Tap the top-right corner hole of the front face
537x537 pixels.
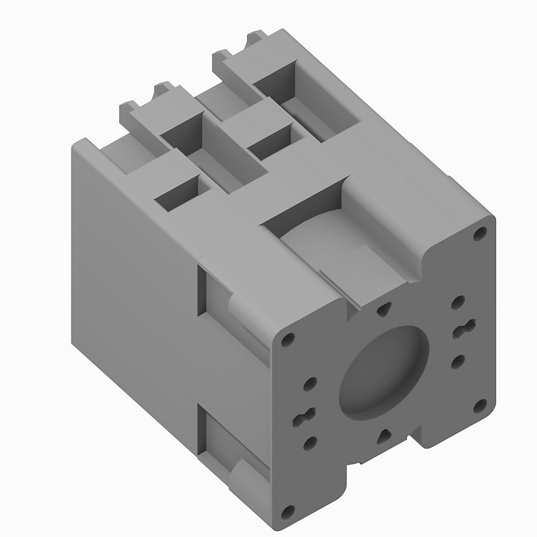[478, 234]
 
